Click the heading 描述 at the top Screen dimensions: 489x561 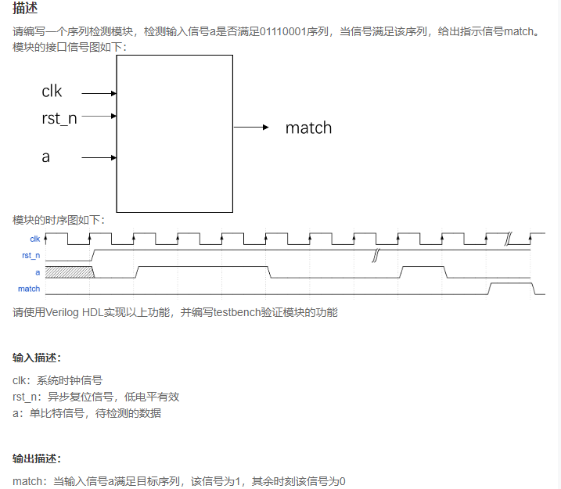tap(26, 9)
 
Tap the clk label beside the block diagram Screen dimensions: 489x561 tap(52, 92)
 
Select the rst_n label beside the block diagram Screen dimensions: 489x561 tap(59, 118)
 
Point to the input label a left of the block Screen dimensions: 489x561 tap(46, 156)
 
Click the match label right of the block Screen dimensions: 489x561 tap(308, 128)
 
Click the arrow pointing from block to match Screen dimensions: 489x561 tap(252, 128)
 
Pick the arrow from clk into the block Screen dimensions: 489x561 tap(99, 93)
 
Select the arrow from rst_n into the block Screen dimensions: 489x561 tap(99, 117)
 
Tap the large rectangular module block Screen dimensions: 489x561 tap(174, 133)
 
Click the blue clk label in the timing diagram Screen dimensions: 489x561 tap(34, 239)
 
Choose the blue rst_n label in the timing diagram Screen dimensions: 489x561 tap(31, 256)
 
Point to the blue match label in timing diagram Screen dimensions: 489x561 tap(29, 289)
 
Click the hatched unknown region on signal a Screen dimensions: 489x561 tap(69, 272)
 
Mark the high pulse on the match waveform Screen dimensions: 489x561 tap(511, 288)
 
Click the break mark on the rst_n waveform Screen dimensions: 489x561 tap(376, 255)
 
